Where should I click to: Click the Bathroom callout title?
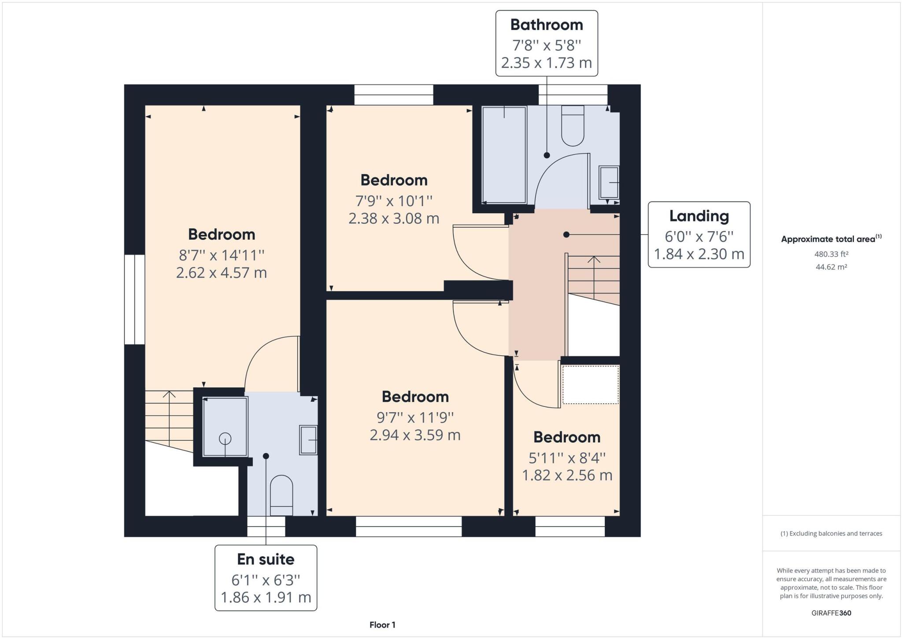pos(546,25)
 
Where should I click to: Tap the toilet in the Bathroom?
pos(573,126)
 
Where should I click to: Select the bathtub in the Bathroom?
pos(504,155)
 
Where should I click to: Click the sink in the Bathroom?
pos(609,182)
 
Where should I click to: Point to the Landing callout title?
pos(699,216)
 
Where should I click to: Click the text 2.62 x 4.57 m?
pos(221,273)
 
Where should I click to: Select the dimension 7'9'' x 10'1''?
pos(394,201)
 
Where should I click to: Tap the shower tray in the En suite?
pos(225,427)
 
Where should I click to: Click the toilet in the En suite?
pos(281,495)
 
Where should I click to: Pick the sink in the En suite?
pos(308,440)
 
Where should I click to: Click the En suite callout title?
pos(266,559)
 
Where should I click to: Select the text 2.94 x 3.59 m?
pos(415,435)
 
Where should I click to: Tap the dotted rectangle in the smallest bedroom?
pos(590,384)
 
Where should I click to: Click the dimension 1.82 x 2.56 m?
pos(567,476)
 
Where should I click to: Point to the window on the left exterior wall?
pos(134,299)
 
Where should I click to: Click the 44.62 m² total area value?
pos(831,267)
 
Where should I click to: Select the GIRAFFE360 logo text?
pos(831,613)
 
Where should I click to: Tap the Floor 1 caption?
pos(382,625)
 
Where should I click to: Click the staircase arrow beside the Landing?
pos(594,277)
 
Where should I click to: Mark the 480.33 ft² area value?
pos(831,254)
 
